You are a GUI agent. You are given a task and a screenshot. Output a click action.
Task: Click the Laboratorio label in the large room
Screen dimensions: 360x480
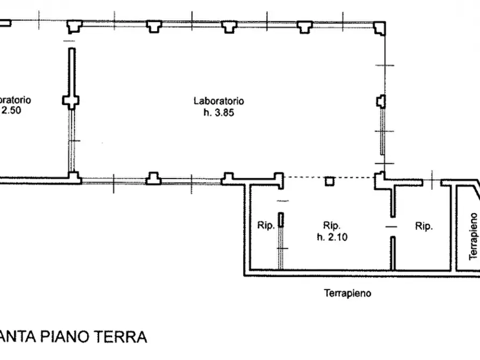pyautogui.click(x=219, y=101)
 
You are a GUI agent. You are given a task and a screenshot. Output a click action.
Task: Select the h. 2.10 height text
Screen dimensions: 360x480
pyautogui.click(x=332, y=237)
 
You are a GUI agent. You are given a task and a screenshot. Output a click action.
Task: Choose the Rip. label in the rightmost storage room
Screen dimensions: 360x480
pyautogui.click(x=424, y=227)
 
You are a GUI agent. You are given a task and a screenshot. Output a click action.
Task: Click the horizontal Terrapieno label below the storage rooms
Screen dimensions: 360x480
pyautogui.click(x=348, y=293)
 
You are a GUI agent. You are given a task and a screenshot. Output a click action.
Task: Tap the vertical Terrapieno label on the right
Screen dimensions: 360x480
pyautogui.click(x=473, y=236)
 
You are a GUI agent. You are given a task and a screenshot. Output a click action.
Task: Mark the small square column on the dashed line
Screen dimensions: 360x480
pyautogui.click(x=329, y=182)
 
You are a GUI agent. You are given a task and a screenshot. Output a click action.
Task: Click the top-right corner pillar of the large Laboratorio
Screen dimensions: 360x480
pyautogui.click(x=380, y=27)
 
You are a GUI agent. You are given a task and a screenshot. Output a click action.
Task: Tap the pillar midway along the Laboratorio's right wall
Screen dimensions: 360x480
pyautogui.click(x=381, y=100)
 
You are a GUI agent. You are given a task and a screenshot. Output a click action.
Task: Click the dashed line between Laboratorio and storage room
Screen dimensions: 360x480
pyautogui.click(x=306, y=177)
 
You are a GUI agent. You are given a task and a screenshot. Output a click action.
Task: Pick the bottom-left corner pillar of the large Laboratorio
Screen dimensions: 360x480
pyautogui.click(x=74, y=177)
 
